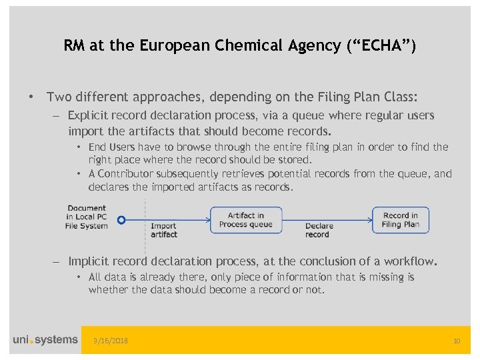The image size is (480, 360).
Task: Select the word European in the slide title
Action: (171, 46)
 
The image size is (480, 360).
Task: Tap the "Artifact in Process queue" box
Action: (246, 220)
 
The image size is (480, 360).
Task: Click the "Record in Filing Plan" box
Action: (401, 220)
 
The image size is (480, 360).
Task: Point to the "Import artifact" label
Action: (164, 230)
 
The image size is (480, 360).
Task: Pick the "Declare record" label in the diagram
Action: (319, 230)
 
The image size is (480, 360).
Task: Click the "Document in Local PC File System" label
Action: (87, 217)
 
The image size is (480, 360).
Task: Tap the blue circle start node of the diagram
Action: (121, 219)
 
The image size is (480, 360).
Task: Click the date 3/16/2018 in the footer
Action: (111, 341)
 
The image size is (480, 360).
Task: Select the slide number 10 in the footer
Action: (457, 341)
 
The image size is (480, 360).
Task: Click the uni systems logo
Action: (45, 340)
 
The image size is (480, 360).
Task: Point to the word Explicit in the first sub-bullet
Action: (89, 115)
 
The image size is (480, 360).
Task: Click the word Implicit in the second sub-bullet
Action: (89, 261)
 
